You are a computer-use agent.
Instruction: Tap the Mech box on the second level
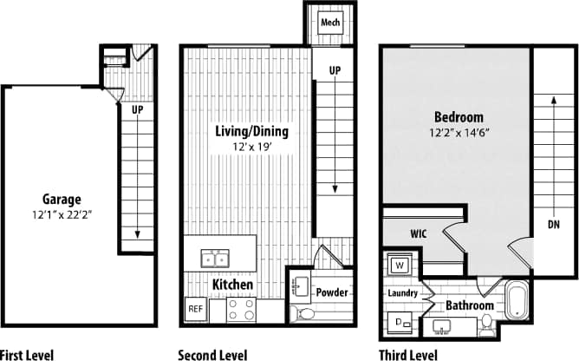click(x=330, y=22)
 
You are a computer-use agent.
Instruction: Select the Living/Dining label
click(x=251, y=132)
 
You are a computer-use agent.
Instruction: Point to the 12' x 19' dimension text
click(x=251, y=148)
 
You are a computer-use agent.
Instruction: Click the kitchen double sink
click(x=214, y=258)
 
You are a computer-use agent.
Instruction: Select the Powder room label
click(x=331, y=292)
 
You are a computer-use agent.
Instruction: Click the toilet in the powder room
click(x=305, y=313)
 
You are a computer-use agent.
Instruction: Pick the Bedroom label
click(x=459, y=117)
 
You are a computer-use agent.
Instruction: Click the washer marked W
click(x=400, y=264)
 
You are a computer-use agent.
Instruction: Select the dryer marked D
click(x=400, y=324)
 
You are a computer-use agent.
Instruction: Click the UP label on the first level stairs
click(x=137, y=110)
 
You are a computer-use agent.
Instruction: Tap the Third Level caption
click(x=408, y=354)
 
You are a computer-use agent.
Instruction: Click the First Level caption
click(x=27, y=354)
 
